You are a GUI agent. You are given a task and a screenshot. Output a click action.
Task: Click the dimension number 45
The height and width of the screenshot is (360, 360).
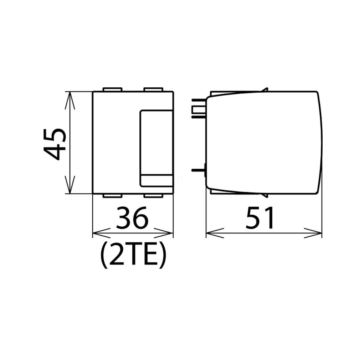pyautogui.click(x=55, y=144)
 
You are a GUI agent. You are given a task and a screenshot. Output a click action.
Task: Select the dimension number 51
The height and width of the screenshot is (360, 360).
pyautogui.click(x=260, y=218)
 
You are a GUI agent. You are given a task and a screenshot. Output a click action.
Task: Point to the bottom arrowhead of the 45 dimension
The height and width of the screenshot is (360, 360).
pyautogui.click(x=70, y=185)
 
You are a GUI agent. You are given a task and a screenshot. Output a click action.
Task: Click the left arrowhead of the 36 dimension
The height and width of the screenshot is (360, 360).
pyautogui.click(x=101, y=233)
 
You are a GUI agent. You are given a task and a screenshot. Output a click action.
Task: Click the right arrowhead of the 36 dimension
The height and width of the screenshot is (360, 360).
pyautogui.click(x=164, y=233)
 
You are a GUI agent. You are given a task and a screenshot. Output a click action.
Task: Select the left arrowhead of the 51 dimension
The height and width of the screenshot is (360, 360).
pyautogui.click(x=215, y=233)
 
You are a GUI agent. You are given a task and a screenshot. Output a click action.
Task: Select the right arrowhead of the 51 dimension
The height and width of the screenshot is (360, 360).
pyautogui.click(x=313, y=233)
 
